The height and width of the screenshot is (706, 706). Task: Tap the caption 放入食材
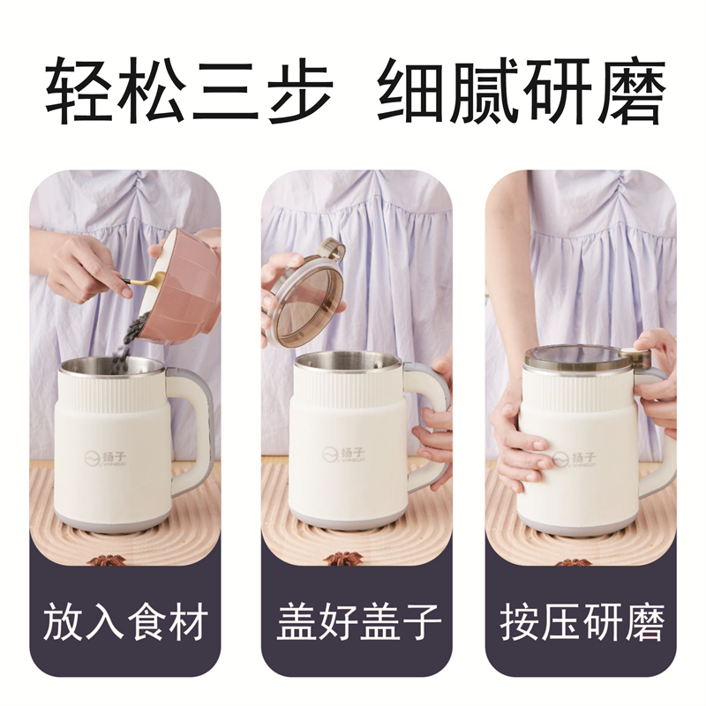tap(124, 623)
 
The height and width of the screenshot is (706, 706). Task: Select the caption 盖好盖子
tap(357, 623)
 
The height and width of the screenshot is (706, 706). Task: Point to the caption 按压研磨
tap(582, 623)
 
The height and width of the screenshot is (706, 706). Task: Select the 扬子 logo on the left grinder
tap(109, 458)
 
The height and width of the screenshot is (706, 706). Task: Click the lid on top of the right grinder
tap(578, 357)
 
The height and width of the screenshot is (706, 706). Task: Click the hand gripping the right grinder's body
tap(521, 441)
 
